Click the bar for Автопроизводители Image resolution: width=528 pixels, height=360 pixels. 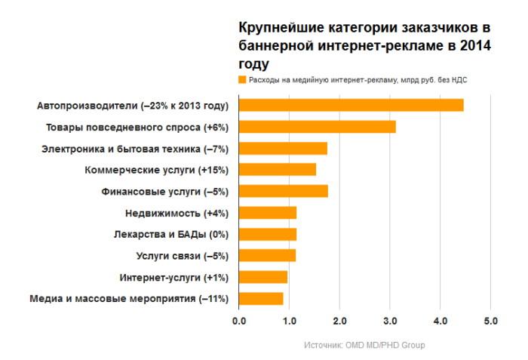pyautogui.click(x=351, y=105)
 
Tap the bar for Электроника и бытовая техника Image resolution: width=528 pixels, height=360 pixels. pyautogui.click(x=283, y=148)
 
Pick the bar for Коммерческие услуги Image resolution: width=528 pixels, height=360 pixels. pyautogui.click(x=277, y=170)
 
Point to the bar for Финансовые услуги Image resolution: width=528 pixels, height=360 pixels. pyautogui.click(x=283, y=191)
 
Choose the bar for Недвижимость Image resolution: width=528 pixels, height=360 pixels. pyautogui.click(x=268, y=213)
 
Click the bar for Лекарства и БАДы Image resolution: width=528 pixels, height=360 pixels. pyautogui.click(x=268, y=234)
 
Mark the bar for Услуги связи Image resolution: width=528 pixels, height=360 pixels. pyautogui.click(x=267, y=256)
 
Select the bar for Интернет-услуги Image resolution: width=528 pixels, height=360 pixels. pyautogui.click(x=263, y=277)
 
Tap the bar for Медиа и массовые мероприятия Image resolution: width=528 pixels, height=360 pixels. pyautogui.click(x=261, y=299)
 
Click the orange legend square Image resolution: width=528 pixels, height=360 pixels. pyautogui.click(x=242, y=79)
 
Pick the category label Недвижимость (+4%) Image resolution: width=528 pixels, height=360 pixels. pyautogui.click(x=177, y=213)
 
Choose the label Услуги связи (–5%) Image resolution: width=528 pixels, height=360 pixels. pyautogui.click(x=182, y=256)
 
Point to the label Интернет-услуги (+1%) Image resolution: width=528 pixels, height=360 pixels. pyautogui.click(x=174, y=277)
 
